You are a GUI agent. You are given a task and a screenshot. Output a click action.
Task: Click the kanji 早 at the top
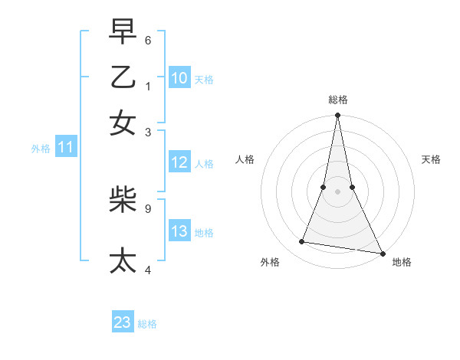(x=123, y=33)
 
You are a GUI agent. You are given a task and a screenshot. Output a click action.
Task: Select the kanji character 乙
(x=123, y=77)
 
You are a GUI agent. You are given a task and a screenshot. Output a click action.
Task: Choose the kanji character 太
(x=123, y=260)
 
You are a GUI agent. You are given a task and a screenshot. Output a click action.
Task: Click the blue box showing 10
(x=179, y=77)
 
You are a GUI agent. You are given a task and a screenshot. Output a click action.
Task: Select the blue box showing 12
(x=179, y=162)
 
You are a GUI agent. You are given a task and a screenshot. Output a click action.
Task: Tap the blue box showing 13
(x=179, y=231)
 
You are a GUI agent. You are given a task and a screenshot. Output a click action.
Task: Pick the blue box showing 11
(x=65, y=147)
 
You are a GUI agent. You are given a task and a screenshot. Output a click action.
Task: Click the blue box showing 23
(x=123, y=322)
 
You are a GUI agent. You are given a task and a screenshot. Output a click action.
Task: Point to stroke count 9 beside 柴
(x=147, y=207)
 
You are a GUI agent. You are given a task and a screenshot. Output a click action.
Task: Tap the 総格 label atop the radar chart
(x=337, y=100)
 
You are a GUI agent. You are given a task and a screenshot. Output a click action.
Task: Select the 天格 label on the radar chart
(x=431, y=159)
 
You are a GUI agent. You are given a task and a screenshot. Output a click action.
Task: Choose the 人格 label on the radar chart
(x=245, y=159)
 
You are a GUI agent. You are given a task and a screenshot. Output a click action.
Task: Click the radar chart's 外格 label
(x=270, y=262)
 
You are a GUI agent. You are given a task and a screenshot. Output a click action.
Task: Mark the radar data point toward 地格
(x=382, y=253)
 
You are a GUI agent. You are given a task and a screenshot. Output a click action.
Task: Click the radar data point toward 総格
(x=337, y=116)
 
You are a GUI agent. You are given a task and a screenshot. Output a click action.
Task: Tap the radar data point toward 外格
(x=302, y=242)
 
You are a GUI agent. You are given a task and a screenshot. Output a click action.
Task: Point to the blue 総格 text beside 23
(x=147, y=324)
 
